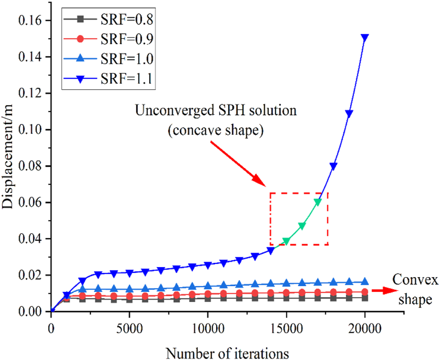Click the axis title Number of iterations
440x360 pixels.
tap(227, 352)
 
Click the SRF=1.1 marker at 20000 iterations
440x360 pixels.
tap(365, 37)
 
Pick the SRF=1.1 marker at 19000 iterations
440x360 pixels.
tap(349, 114)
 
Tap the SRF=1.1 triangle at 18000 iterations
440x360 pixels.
tap(333, 166)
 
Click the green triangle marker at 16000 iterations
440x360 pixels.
tap(302, 226)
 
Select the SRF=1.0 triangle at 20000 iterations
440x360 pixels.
tap(365, 282)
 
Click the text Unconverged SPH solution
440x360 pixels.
tap(216, 111)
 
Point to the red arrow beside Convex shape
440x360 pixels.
tap(386, 290)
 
